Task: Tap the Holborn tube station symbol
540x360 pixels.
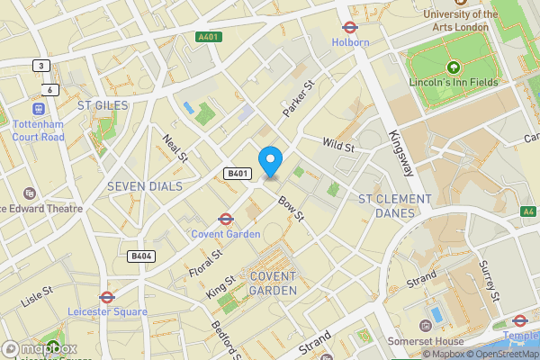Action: [349, 27]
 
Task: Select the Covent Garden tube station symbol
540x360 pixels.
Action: [225, 218]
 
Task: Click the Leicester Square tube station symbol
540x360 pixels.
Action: [106, 296]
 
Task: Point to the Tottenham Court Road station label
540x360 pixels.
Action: [38, 130]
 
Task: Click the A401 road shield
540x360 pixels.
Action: [209, 37]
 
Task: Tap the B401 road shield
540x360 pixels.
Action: [237, 173]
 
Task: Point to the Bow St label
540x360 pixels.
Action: [292, 211]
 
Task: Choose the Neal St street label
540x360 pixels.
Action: [175, 148]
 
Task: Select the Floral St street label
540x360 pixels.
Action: [204, 257]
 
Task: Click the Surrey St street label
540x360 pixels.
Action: [494, 282]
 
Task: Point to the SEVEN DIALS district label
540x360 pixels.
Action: [144, 186]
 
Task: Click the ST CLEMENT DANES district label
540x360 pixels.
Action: [394, 205]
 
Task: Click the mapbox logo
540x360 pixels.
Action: [39, 348]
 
